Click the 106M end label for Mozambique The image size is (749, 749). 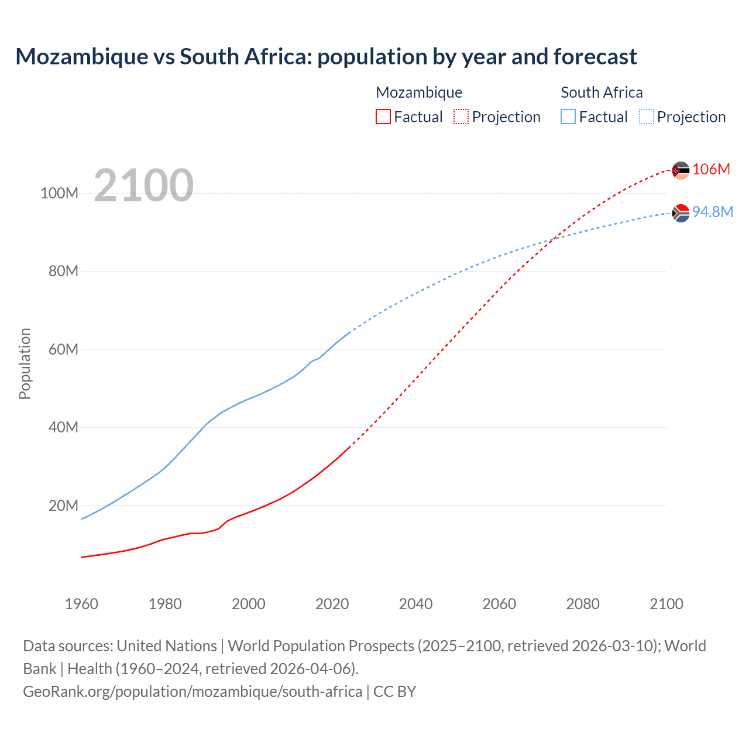(x=711, y=169)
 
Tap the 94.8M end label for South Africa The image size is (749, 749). (x=712, y=212)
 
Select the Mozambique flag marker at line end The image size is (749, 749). (x=681, y=170)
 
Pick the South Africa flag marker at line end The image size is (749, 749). (x=681, y=214)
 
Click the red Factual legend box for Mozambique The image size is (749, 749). (x=383, y=116)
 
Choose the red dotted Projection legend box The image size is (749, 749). (x=461, y=116)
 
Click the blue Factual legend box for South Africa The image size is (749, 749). (x=568, y=116)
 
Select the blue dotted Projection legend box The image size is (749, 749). (x=646, y=116)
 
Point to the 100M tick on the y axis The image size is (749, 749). (x=59, y=193)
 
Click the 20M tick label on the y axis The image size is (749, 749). (x=63, y=506)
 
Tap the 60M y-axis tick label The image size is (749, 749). (x=63, y=349)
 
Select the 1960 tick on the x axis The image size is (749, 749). (x=81, y=604)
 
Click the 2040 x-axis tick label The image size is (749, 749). (x=415, y=604)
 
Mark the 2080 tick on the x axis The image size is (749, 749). (x=583, y=604)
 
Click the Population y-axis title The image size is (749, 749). (x=25, y=363)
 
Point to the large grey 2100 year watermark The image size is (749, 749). (x=143, y=185)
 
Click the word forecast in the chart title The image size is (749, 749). (x=595, y=57)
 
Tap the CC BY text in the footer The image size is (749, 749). (x=394, y=691)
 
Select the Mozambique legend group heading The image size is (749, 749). (x=419, y=92)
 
